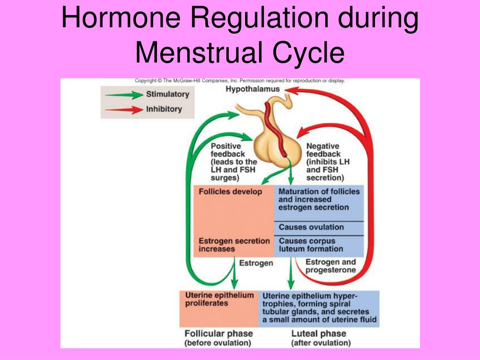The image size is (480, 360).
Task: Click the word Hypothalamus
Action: pos(253,89)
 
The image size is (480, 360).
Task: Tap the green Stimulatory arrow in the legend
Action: pos(124,95)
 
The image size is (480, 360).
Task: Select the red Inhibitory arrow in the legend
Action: pos(124,110)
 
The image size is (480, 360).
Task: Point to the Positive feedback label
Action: pos(233,162)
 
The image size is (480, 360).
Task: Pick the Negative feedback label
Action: pos(328,162)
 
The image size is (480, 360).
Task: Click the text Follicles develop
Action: pos(230,192)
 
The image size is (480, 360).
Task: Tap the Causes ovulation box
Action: pos(311,227)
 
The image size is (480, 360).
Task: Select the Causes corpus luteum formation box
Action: pos(311,245)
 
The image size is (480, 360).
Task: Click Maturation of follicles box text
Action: pos(319,199)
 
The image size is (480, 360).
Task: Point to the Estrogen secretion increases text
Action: pos(234,245)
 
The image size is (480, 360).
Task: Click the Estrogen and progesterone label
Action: pos(330,266)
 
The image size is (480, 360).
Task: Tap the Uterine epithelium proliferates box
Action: pos(219,300)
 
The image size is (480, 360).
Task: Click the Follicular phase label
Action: pos(218,338)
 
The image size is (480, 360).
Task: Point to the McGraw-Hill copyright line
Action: pos(240,81)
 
